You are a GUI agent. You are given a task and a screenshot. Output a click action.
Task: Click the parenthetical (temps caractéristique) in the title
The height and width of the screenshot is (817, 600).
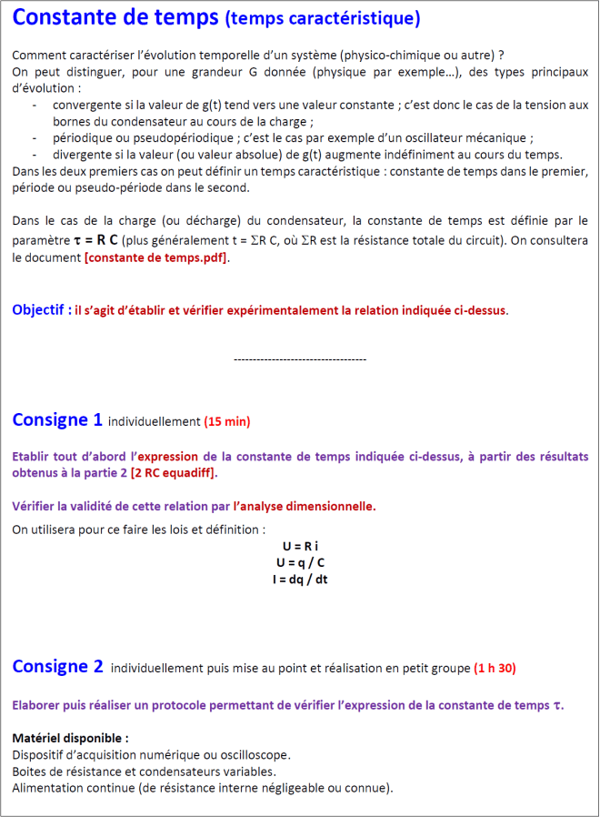322,19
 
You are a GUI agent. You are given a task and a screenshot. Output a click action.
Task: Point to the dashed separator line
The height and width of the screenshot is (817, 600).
300,360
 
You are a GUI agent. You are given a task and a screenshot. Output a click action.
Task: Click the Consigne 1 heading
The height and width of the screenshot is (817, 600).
56,419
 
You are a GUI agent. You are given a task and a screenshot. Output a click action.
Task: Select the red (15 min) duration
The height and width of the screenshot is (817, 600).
226,421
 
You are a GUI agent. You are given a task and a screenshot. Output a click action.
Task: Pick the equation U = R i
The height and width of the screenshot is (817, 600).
300,546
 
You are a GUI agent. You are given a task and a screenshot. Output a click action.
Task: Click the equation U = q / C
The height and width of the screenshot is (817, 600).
300,562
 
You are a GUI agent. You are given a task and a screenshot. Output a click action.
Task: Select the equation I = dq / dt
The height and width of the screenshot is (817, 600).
300,579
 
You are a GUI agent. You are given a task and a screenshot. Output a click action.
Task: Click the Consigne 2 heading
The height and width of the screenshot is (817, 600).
57,666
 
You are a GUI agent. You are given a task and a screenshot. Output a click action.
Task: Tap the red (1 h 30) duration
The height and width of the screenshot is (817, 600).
495,669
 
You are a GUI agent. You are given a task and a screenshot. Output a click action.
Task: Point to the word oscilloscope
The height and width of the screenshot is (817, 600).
255,754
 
